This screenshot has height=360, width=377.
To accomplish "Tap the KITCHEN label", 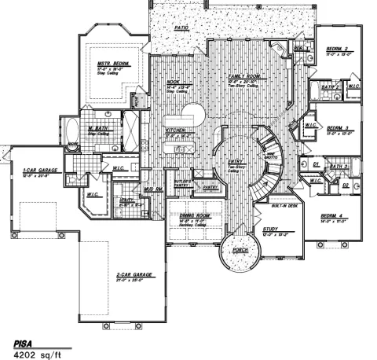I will coord(175,129).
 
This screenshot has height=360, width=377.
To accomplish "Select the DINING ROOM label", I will coord(194,215).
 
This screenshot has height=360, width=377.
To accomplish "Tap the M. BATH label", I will coord(97,128).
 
